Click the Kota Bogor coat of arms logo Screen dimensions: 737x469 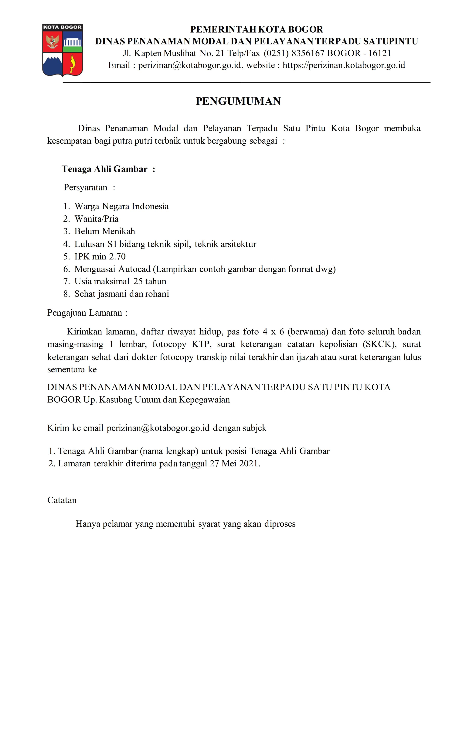(x=62, y=50)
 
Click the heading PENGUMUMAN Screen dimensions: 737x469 (x=238, y=101)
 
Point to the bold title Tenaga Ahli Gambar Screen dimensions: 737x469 (x=105, y=169)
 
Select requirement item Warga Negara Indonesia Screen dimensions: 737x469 (x=121, y=206)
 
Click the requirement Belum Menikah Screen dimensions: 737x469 (x=105, y=231)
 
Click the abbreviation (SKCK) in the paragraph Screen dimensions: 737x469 (x=379, y=344)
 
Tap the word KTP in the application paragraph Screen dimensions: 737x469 (x=200, y=344)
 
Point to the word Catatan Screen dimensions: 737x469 (x=62, y=500)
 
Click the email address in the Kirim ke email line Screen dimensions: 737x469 (x=158, y=428)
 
